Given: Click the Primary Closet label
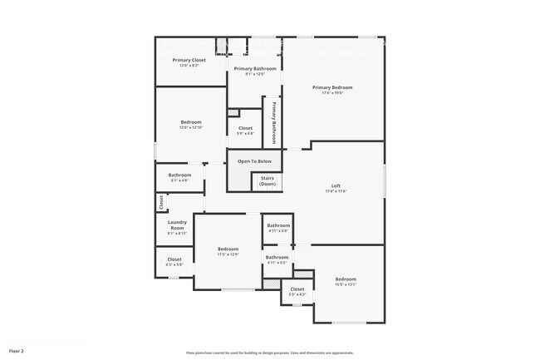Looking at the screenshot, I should coord(189,60).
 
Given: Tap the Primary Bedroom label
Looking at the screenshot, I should coord(332,87).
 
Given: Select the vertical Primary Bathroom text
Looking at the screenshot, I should coord(273,123).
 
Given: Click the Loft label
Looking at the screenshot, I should coord(336,185).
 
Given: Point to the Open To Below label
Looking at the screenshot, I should coord(254,161).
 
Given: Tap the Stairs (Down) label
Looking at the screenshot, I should coord(268,180).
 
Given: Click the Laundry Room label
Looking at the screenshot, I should coord(177,224).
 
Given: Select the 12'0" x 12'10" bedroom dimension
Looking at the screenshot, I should coord(191,128).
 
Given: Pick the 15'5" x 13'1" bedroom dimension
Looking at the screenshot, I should coord(346,284).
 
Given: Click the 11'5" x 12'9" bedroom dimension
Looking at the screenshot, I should coord(228,254).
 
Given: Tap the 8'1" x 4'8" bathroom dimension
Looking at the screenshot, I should coord(179,180).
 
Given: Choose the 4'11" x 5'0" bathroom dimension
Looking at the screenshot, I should coord(277,231).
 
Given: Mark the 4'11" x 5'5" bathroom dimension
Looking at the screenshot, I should coord(277,263).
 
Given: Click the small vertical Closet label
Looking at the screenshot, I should coord(161,202).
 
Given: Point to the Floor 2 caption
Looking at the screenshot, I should coord(17,352).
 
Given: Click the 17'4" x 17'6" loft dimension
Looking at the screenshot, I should coord(336,191).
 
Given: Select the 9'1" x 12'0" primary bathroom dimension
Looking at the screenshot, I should coord(254,75).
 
